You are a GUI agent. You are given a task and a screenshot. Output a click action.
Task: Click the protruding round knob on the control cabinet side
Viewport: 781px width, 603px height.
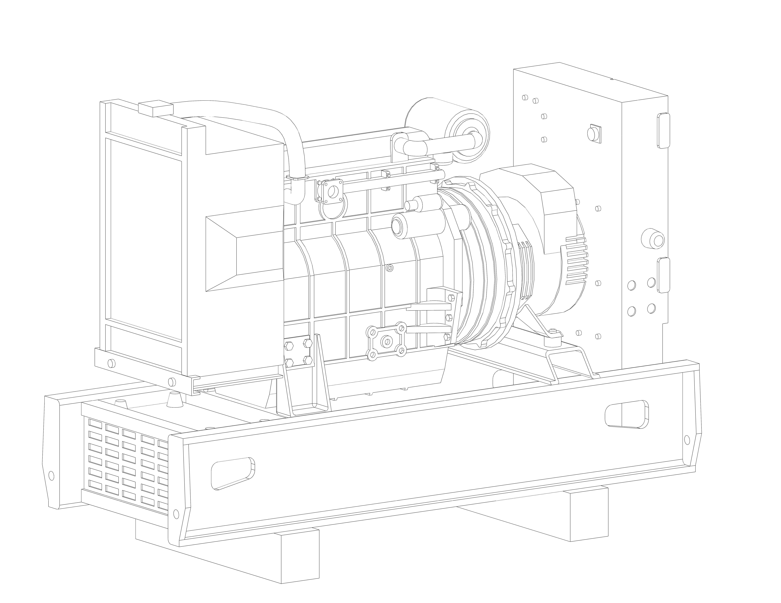point(653,238)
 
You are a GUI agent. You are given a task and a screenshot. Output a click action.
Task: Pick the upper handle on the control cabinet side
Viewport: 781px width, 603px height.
point(663,130)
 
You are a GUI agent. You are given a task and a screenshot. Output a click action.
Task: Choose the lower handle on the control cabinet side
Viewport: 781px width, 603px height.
point(663,275)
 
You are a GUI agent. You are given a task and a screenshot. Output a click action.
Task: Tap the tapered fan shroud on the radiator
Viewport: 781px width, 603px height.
point(243,252)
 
